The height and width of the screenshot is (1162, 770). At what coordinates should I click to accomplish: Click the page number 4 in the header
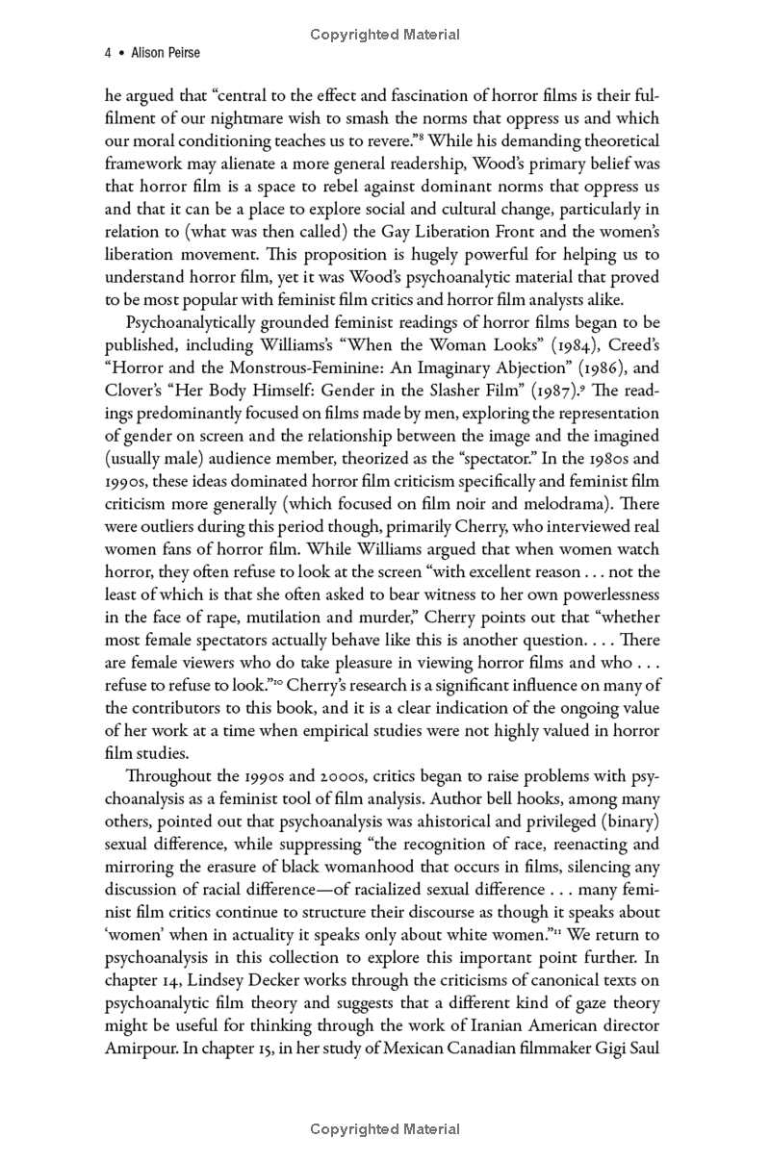coord(107,54)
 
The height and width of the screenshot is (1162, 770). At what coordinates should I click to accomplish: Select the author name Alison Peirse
coord(166,54)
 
